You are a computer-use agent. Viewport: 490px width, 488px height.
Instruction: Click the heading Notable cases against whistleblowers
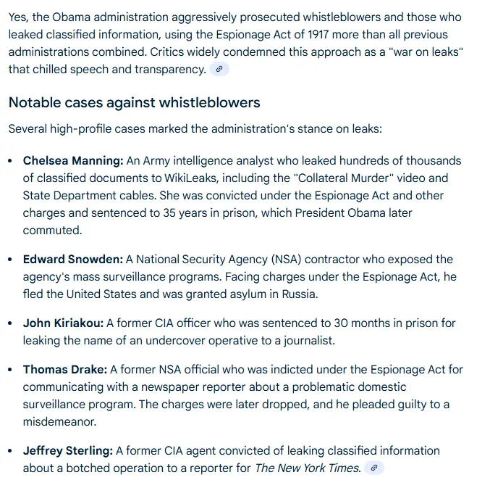[x=134, y=102]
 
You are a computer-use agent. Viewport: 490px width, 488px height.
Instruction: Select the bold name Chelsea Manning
[x=72, y=160]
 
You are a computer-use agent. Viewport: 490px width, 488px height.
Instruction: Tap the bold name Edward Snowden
[x=72, y=259]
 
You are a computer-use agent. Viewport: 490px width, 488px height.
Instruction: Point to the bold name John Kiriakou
[x=64, y=323]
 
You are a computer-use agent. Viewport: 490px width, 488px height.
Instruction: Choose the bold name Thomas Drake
[x=65, y=369]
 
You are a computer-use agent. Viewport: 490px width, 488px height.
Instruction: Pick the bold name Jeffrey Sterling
[x=67, y=450]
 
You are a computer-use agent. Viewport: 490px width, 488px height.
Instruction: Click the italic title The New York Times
[x=307, y=468]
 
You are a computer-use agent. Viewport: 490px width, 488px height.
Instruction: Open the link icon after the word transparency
[x=219, y=69]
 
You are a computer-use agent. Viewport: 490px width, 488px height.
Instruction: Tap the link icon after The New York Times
[x=373, y=468]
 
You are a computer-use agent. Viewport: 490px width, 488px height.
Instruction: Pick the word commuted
[x=51, y=230]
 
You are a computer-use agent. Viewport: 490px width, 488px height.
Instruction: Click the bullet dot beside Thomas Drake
[x=10, y=370]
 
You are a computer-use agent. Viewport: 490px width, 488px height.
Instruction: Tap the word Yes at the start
[x=20, y=17]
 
